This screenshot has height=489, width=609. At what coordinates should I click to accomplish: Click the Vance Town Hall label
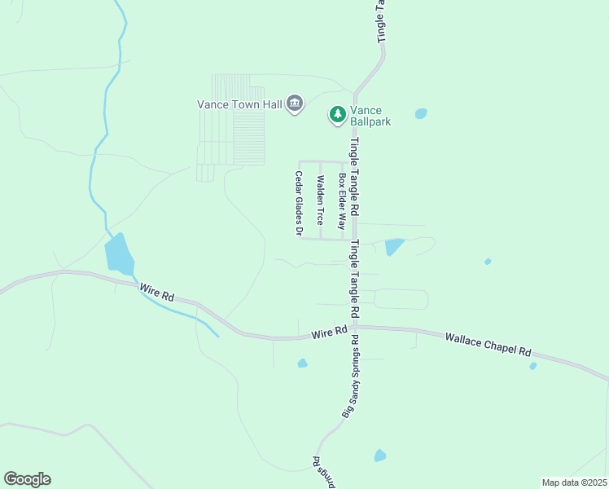(239, 104)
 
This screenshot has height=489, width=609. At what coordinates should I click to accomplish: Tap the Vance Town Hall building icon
(295, 104)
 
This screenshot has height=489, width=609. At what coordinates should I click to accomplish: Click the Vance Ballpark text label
(371, 117)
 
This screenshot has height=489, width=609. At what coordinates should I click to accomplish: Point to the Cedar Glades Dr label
(299, 205)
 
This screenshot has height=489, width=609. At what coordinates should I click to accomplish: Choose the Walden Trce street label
(321, 200)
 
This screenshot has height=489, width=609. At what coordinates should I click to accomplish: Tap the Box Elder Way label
(343, 201)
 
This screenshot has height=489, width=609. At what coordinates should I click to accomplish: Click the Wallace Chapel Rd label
(489, 343)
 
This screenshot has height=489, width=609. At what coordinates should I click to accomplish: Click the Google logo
(27, 479)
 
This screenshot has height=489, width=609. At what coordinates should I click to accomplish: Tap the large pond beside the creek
(119, 253)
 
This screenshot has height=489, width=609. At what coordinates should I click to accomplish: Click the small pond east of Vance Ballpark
(421, 114)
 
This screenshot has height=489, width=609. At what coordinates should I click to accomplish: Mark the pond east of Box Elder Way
(394, 246)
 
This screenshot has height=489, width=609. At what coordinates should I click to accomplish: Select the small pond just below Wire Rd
(302, 363)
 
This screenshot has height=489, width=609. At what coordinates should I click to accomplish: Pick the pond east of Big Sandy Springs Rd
(379, 456)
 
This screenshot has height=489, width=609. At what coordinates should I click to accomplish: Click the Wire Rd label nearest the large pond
(156, 293)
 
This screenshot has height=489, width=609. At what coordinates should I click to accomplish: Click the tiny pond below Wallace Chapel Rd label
(533, 366)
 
